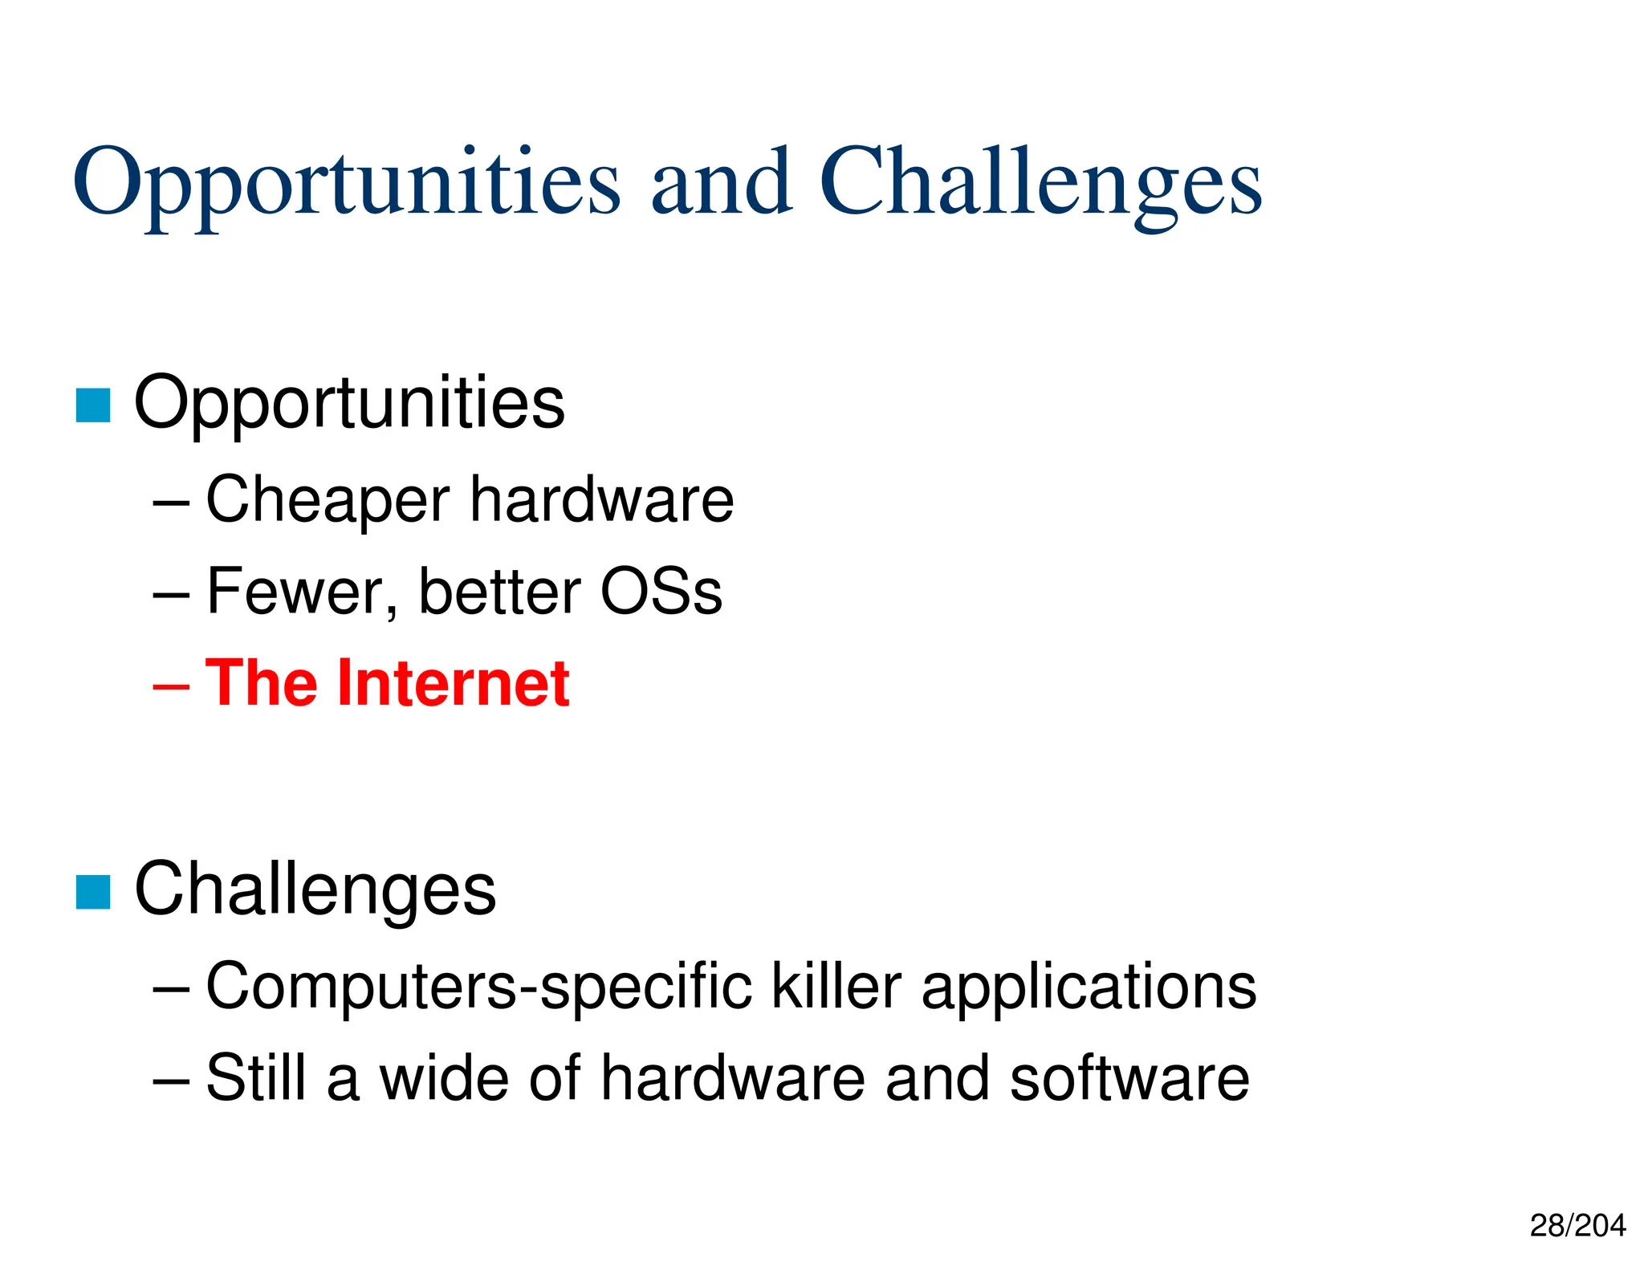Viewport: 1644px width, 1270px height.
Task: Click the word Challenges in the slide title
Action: (x=1040, y=183)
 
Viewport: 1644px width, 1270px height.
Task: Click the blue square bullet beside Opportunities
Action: (x=93, y=405)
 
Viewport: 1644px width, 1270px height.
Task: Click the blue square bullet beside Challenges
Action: (x=93, y=892)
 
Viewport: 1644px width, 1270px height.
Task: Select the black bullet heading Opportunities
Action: (x=349, y=404)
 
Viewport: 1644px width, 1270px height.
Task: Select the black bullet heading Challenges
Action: (x=315, y=889)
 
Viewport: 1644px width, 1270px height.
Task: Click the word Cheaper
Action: (x=328, y=501)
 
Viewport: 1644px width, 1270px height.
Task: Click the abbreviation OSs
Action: (x=661, y=592)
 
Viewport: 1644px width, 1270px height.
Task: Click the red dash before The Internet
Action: (x=171, y=687)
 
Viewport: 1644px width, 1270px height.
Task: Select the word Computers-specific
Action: (x=479, y=987)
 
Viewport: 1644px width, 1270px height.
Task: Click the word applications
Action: (x=1089, y=987)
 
